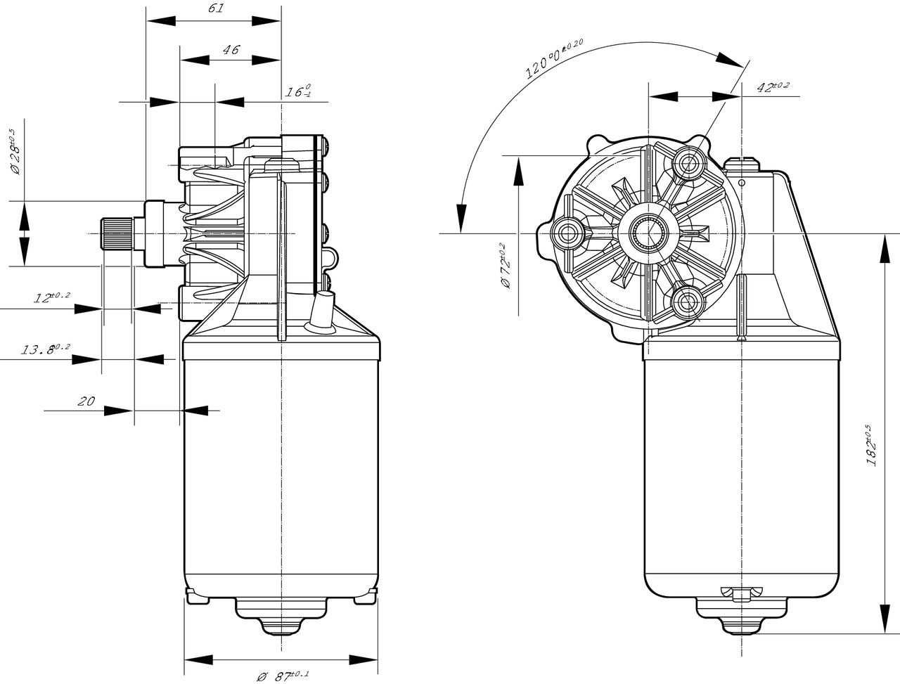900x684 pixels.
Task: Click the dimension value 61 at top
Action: (x=216, y=9)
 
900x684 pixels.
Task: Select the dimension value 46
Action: (x=231, y=50)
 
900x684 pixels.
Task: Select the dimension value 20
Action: (x=86, y=401)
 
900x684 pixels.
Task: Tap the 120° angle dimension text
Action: (x=554, y=59)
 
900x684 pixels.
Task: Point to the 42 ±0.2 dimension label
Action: (x=772, y=87)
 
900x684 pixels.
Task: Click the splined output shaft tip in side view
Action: (x=115, y=233)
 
